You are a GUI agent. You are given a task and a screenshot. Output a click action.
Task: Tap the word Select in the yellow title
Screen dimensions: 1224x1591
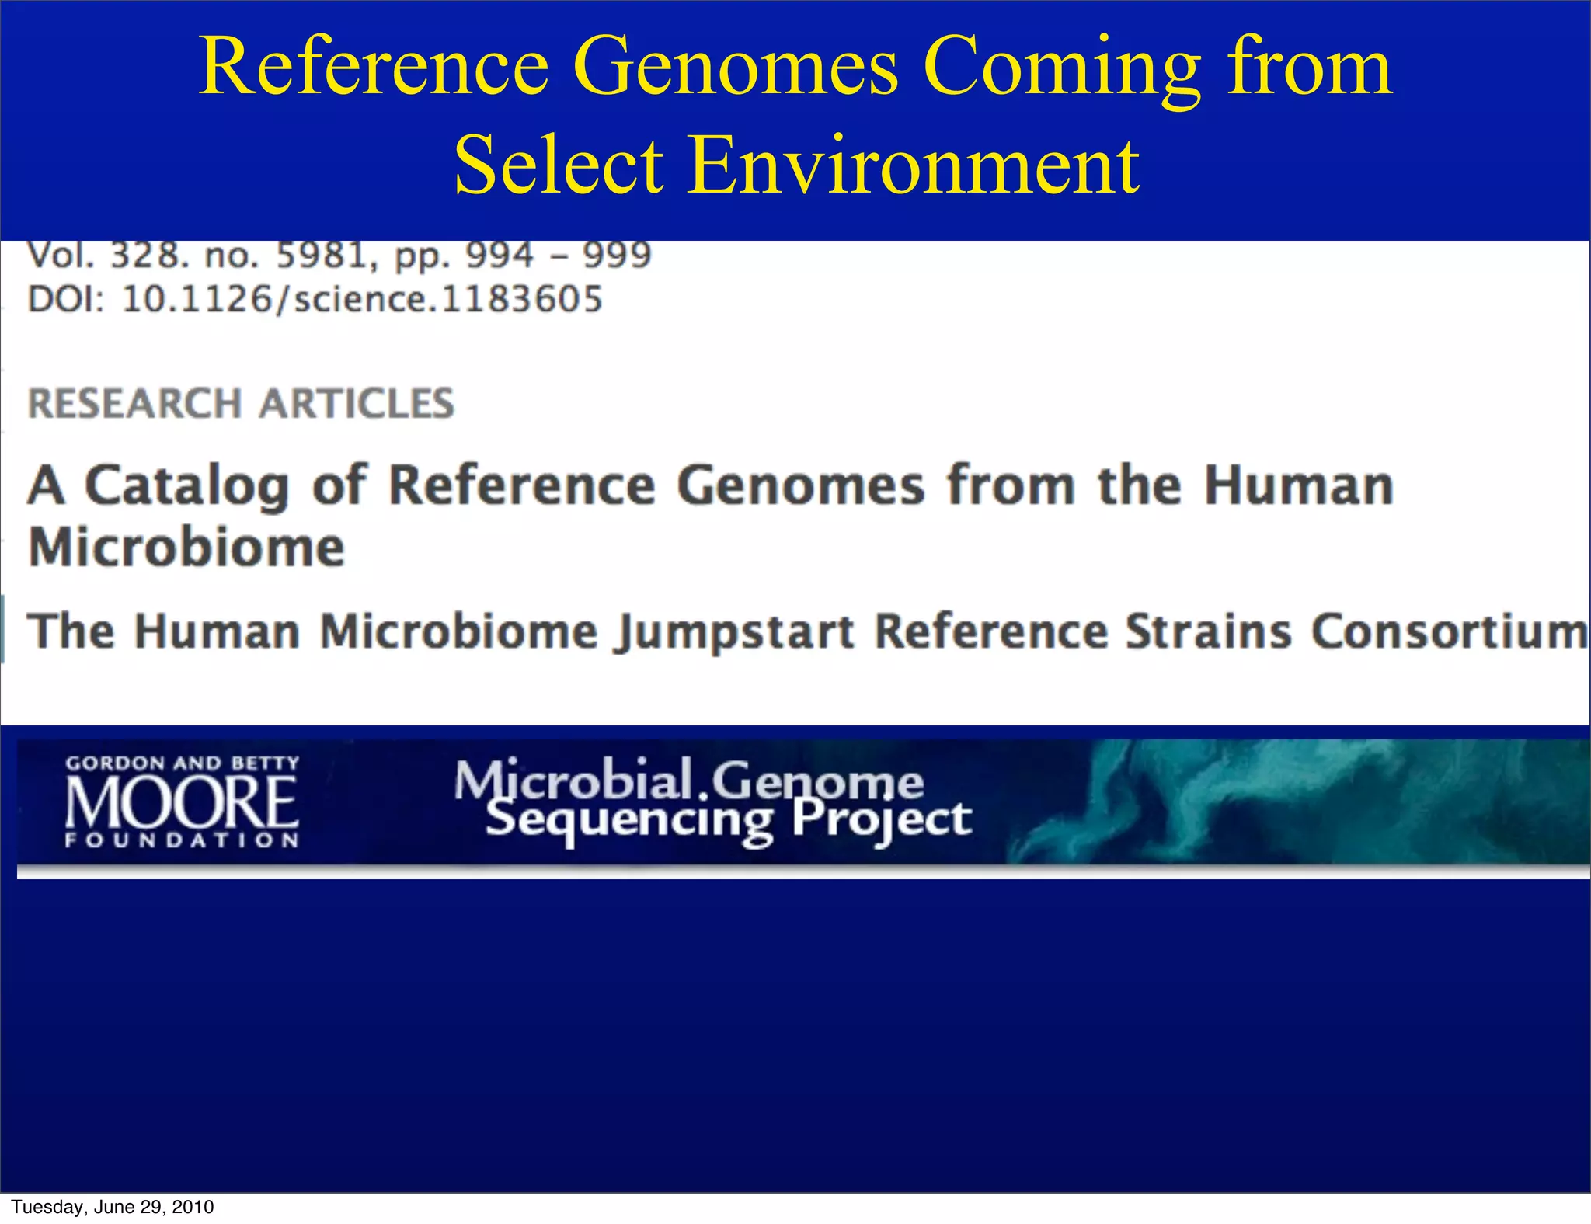[x=558, y=165]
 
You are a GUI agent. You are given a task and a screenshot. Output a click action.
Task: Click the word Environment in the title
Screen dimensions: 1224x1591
[x=914, y=165]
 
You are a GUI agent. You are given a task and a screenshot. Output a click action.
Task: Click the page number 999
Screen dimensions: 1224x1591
[x=617, y=255]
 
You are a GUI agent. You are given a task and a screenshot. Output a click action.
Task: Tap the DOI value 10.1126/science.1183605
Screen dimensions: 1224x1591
[x=362, y=300]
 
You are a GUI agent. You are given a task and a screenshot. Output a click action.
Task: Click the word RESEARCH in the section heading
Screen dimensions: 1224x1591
[x=134, y=404]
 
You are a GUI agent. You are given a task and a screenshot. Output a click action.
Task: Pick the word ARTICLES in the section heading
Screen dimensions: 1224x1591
[x=357, y=404]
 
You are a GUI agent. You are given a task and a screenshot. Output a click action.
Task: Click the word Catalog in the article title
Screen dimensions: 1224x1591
[x=186, y=487]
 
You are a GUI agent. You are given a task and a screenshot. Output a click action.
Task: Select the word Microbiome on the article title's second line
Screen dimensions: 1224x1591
[x=186, y=547]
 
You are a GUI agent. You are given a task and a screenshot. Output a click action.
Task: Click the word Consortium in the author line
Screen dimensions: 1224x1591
[x=1449, y=631]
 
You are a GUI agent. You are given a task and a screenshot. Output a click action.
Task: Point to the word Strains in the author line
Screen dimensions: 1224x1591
[x=1209, y=631]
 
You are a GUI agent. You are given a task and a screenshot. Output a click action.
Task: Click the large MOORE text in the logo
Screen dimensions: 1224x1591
[x=182, y=803]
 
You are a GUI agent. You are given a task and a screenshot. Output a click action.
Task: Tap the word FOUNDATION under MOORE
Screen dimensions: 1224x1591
[x=182, y=840]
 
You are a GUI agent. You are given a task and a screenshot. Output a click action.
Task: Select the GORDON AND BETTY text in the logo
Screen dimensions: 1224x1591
[x=182, y=763]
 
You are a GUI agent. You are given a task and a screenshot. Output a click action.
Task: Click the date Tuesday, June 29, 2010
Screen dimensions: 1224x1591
[x=113, y=1207]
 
